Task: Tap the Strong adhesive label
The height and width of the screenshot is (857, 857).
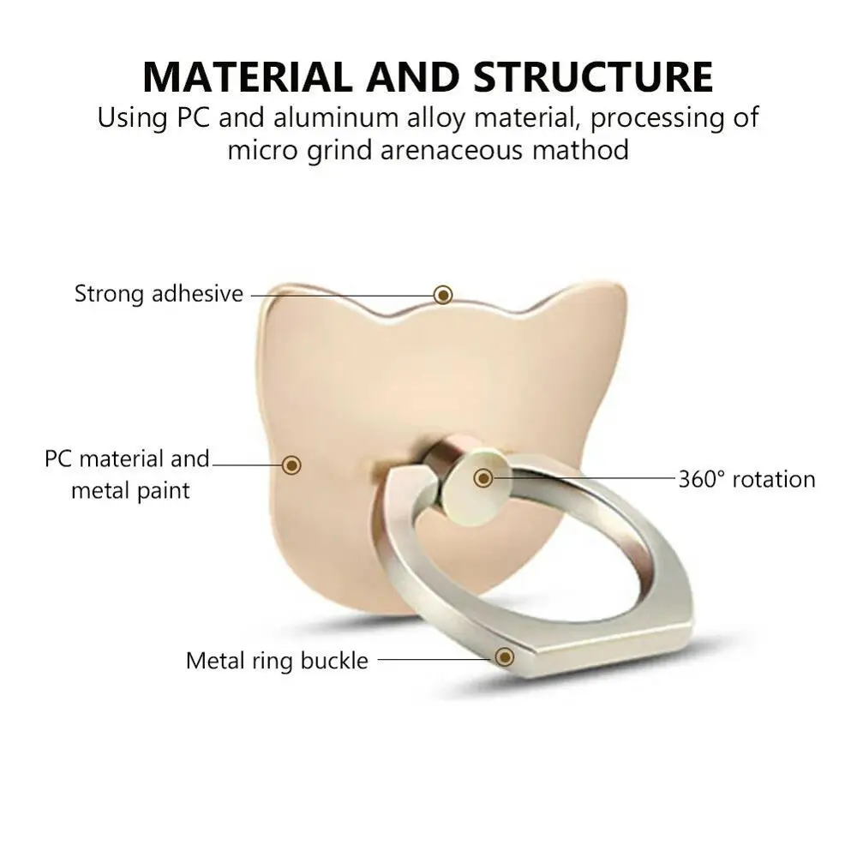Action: [x=159, y=294]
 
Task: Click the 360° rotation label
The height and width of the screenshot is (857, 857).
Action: [x=746, y=479]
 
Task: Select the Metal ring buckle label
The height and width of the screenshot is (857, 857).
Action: [x=277, y=661]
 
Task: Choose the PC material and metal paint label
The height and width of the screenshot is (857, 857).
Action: [x=127, y=474]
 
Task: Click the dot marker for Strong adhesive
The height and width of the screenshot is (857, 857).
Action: [x=443, y=295]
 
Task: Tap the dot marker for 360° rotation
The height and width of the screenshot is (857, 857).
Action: [x=483, y=477]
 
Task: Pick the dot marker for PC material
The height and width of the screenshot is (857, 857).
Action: [x=292, y=464]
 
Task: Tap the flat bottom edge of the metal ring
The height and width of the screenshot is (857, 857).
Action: [x=600, y=656]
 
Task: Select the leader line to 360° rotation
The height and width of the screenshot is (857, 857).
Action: [x=583, y=477]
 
